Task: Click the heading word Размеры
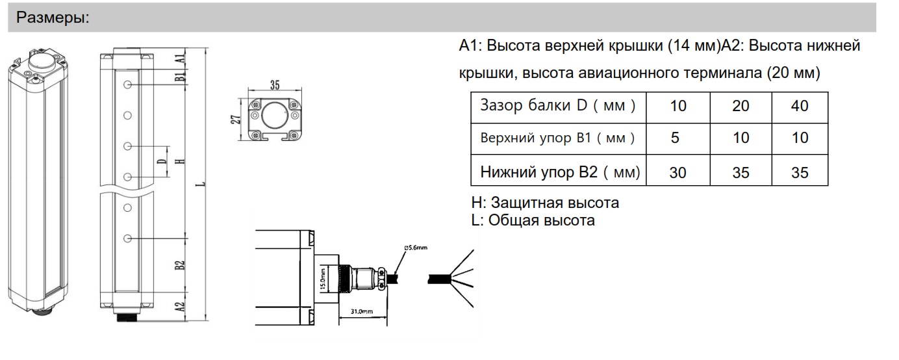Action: click(x=53, y=18)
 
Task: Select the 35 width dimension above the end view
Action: click(x=274, y=84)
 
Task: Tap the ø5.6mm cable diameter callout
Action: click(x=414, y=248)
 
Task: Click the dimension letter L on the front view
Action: click(x=203, y=184)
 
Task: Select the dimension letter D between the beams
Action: click(x=160, y=161)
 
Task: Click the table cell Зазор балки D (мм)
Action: click(x=557, y=106)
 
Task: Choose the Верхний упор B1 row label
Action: click(x=557, y=138)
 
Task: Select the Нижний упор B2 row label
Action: click(x=560, y=172)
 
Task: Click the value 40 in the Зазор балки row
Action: click(x=800, y=106)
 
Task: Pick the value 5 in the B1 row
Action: click(x=677, y=138)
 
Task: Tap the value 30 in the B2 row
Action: click(x=677, y=172)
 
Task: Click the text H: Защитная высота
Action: click(x=545, y=203)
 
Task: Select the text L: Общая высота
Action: click(x=533, y=220)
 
